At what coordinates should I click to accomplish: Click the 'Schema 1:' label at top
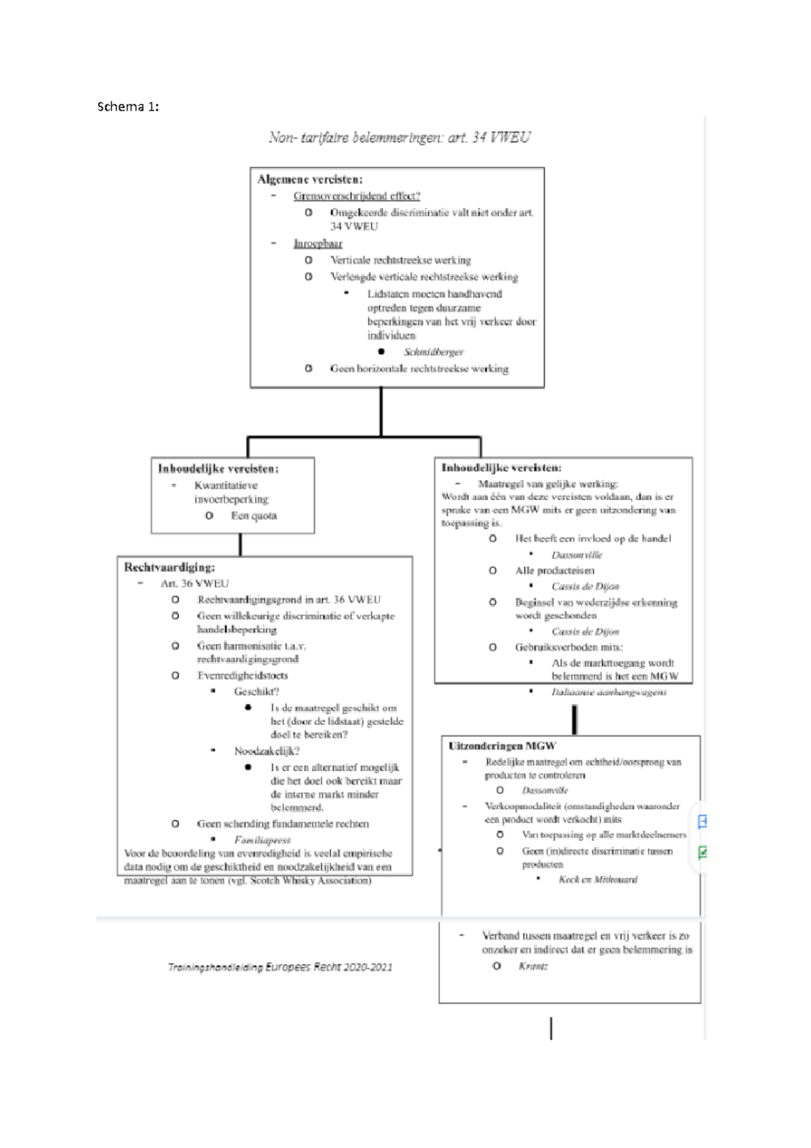click(128, 106)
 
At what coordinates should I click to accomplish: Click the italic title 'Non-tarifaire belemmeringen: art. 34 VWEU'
click(399, 138)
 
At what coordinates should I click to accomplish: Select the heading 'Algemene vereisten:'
click(310, 179)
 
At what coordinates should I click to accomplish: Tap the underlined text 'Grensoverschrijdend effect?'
click(356, 196)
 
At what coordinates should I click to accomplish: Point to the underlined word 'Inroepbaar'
click(318, 243)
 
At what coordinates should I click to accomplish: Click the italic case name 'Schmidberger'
click(433, 352)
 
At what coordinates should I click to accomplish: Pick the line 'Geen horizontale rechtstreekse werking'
click(419, 368)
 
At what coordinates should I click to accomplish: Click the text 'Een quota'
click(253, 516)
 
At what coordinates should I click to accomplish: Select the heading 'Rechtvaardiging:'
click(169, 567)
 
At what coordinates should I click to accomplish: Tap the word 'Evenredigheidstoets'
click(242, 675)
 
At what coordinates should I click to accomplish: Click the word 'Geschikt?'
click(256, 692)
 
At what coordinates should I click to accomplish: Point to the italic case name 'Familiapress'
click(262, 840)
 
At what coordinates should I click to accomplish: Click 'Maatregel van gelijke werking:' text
click(547, 484)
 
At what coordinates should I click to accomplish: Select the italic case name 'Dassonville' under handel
click(576, 555)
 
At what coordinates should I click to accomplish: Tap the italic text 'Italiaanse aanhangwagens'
click(608, 692)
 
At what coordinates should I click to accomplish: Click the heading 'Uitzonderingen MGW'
click(502, 746)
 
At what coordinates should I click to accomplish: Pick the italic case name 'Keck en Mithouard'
click(597, 880)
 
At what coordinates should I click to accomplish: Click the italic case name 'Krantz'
click(533, 966)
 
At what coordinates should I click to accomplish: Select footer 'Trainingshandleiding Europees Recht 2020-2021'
click(280, 967)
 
